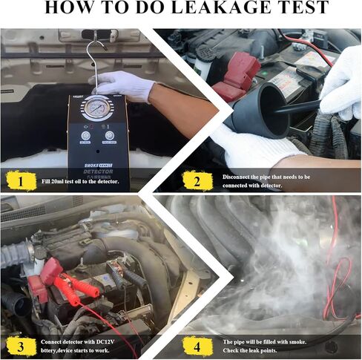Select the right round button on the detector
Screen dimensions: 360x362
(110, 137)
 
